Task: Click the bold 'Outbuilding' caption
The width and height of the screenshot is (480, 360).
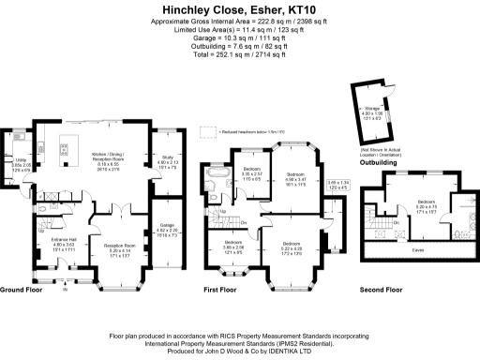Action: tap(378, 162)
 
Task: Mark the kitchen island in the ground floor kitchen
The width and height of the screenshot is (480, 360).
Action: tap(68, 146)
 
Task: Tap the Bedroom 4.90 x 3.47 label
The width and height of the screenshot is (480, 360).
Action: tap(295, 178)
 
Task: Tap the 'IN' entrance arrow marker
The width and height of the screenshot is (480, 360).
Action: tap(64, 290)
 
